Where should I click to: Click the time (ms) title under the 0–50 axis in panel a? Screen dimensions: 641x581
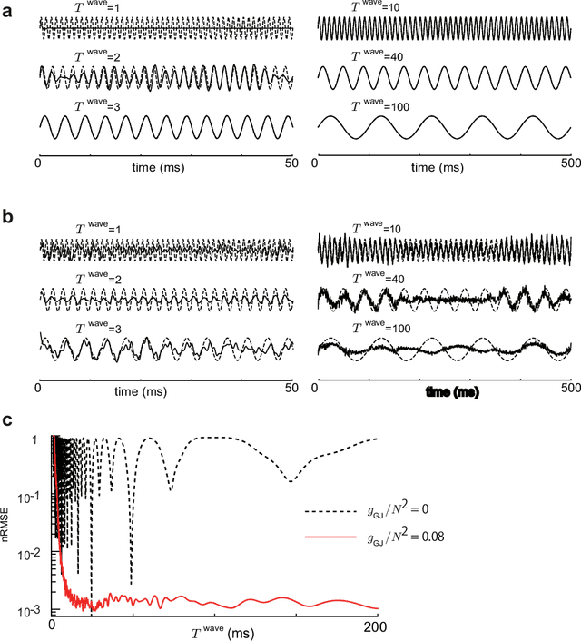click(x=164, y=167)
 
